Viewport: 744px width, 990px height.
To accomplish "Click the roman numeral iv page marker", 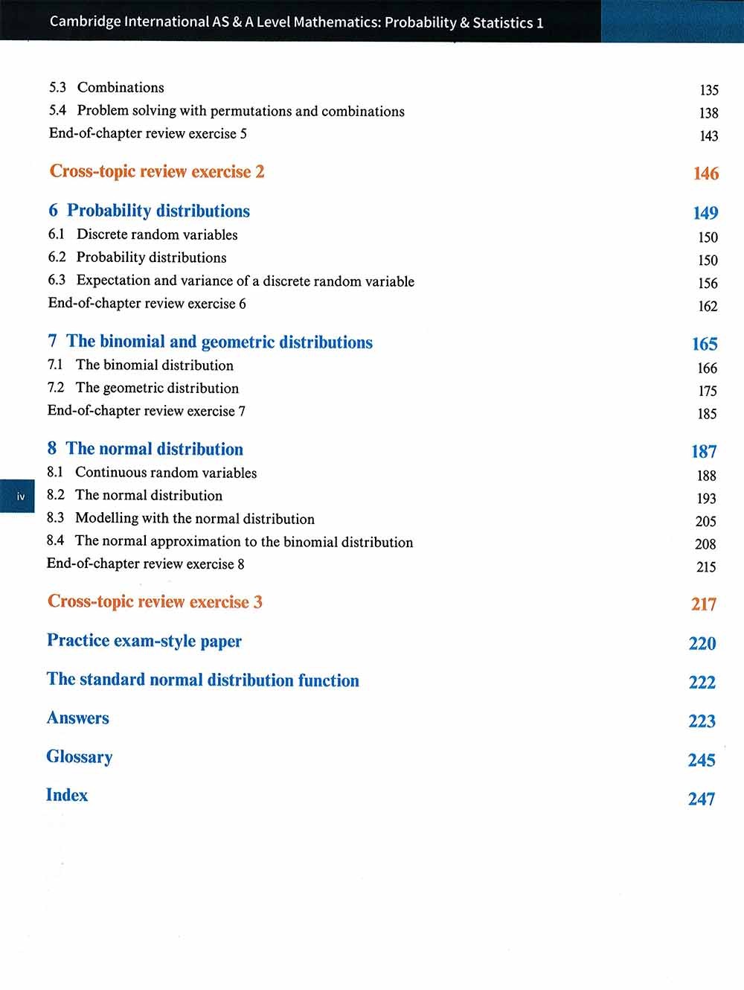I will coord(20,496).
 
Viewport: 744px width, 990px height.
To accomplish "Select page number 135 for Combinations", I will coord(708,90).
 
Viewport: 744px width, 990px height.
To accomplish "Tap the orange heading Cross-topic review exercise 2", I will coord(157,171).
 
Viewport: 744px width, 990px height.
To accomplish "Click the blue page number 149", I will coord(705,213).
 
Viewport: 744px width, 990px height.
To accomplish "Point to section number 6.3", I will coord(57,280).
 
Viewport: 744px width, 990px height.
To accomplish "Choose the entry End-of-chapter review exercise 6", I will coord(147,303).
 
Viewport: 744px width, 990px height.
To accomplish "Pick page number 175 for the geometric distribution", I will coord(707,391).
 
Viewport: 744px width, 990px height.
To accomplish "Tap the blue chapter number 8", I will coord(51,449).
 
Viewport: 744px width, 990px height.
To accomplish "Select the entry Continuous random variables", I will coord(166,473).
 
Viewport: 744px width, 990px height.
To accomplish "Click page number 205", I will coord(705,521).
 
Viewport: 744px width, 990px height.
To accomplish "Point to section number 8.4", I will coord(55,540).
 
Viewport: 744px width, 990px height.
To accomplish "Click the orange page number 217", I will coord(703,604).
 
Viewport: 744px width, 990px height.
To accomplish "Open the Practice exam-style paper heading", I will coord(144,641).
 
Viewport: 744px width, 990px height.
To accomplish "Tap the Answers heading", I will coord(77,718).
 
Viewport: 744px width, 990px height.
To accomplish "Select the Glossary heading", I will coord(79,757).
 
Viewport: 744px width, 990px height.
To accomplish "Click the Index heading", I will coord(67,795).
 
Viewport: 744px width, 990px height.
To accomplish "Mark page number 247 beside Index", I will coord(701,799).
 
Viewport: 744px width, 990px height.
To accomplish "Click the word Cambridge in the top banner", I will coord(85,22).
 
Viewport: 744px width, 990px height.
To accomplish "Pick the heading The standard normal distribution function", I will coord(202,680).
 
